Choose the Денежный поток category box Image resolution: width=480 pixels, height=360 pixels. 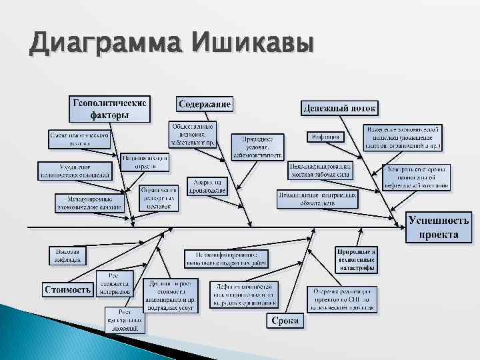(x=340, y=107)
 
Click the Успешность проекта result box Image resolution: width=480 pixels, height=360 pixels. (x=438, y=227)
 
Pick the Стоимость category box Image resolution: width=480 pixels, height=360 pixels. (x=68, y=289)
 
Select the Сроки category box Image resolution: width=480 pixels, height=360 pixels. (x=285, y=321)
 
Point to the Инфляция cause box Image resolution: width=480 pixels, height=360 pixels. (x=325, y=137)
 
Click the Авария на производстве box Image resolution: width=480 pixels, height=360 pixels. (x=207, y=186)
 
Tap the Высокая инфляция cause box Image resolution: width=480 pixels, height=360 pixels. (x=68, y=255)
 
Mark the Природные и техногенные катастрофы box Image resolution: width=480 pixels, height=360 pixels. (x=357, y=260)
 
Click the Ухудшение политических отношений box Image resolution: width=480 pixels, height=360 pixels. (x=75, y=171)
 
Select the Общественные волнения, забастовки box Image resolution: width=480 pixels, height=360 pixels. (x=193, y=134)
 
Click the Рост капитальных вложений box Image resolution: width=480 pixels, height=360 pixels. (x=124, y=319)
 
